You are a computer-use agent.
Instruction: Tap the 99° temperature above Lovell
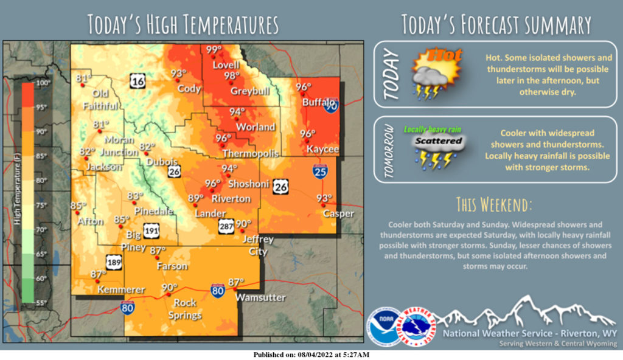click(x=214, y=50)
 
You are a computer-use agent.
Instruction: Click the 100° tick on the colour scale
click(x=43, y=83)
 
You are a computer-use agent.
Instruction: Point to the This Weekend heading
click(x=493, y=202)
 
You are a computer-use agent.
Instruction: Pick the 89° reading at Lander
click(x=195, y=198)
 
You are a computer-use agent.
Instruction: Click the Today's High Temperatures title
click(x=183, y=25)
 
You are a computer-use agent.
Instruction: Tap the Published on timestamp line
click(x=311, y=355)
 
